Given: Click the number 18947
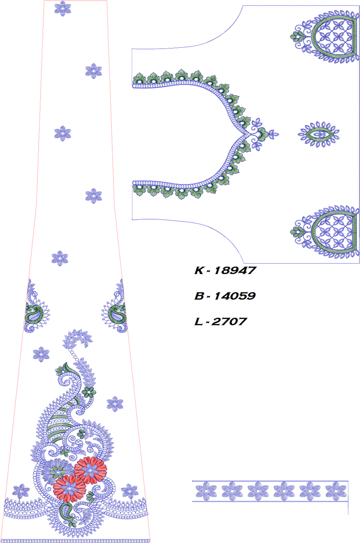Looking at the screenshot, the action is point(235,270).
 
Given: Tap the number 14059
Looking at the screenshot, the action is point(235,296).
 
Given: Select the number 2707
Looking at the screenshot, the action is point(229,322).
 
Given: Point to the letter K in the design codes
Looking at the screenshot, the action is point(199,270).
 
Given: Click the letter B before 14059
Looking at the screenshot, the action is point(199,296).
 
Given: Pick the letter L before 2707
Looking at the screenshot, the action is point(198,322).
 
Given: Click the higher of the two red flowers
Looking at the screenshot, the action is point(90,470).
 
